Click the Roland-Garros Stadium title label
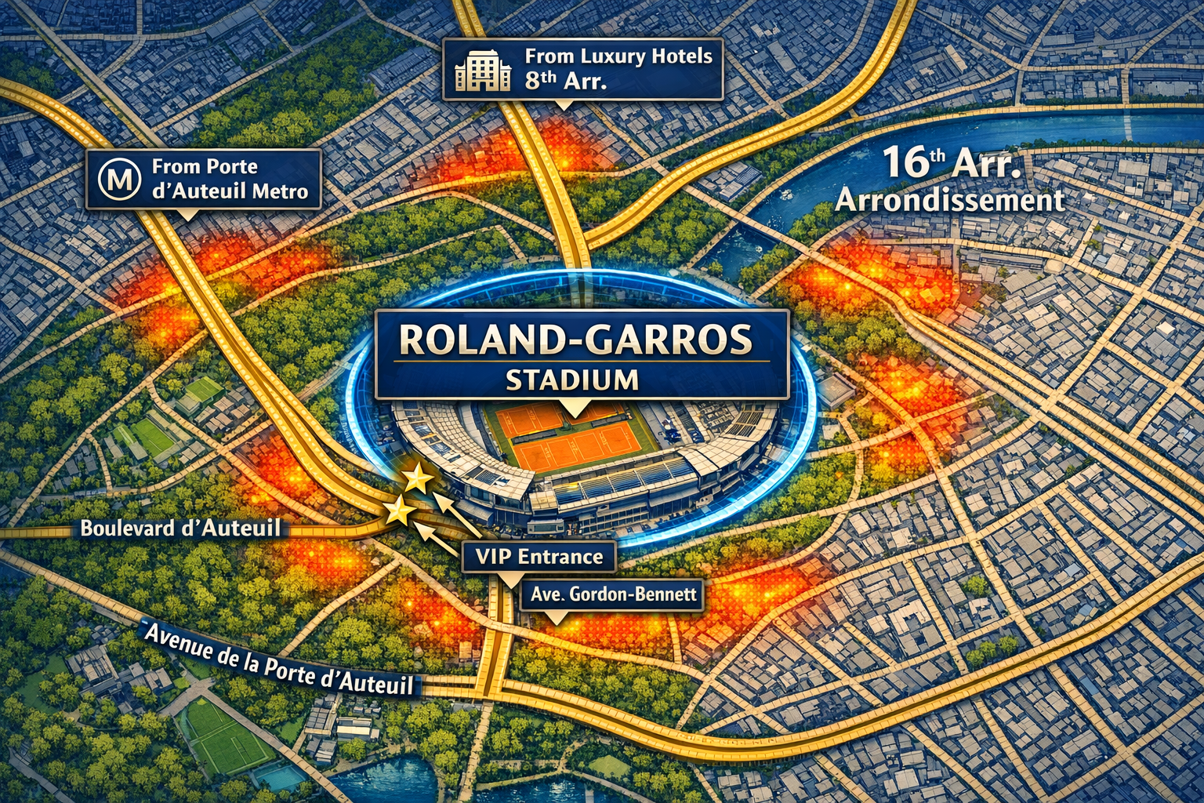(582, 354)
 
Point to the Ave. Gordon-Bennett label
(613, 594)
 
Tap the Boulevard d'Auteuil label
(180, 528)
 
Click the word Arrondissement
(950, 200)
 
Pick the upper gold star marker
(418, 478)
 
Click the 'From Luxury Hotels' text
(618, 56)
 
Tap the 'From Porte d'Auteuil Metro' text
(230, 179)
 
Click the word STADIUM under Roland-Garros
(571, 380)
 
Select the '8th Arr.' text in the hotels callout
(566, 81)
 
